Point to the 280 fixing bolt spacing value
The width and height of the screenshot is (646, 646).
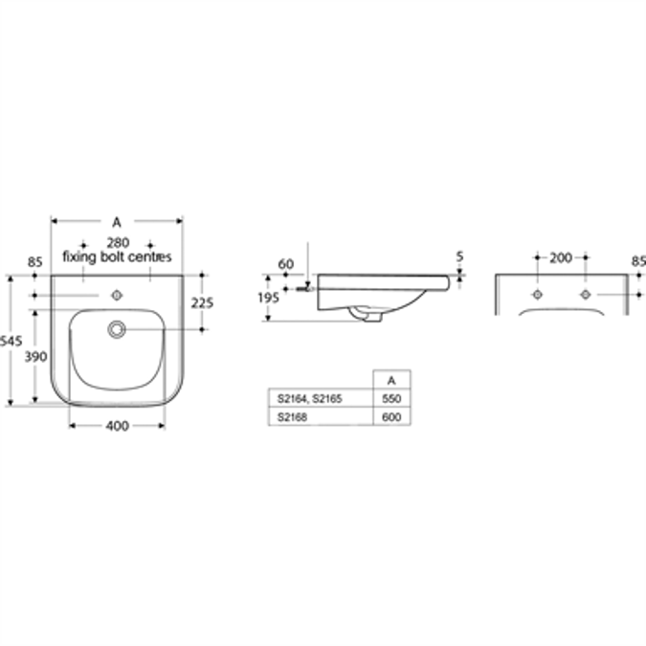(x=116, y=242)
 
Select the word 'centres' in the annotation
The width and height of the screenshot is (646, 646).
(x=150, y=256)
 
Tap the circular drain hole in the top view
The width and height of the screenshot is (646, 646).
(x=117, y=329)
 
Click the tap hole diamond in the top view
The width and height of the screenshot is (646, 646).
(x=117, y=294)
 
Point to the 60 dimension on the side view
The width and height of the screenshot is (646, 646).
(x=285, y=263)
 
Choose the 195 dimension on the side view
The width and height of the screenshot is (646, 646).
(x=269, y=298)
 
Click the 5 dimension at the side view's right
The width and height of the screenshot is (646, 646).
(x=460, y=256)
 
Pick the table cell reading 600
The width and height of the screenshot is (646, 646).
(x=390, y=416)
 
